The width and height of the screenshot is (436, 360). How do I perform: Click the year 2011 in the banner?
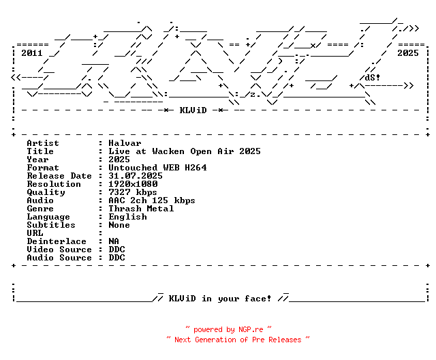click(x=31, y=52)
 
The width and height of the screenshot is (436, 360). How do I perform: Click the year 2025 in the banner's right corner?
click(x=408, y=52)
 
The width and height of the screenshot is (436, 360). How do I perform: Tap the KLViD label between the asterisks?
click(x=193, y=110)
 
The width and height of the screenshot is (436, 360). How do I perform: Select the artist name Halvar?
click(x=125, y=143)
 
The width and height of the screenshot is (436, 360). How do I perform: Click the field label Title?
click(x=40, y=151)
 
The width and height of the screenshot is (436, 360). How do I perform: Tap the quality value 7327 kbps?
click(x=133, y=192)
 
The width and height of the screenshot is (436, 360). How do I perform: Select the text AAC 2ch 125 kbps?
click(x=152, y=200)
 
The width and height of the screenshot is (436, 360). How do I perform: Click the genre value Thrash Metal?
click(x=141, y=209)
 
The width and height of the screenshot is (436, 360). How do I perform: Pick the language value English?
click(x=127, y=217)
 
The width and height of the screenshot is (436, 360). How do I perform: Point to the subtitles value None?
click(x=119, y=225)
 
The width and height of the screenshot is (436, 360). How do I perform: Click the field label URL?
click(x=35, y=233)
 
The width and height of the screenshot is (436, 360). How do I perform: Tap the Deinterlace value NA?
click(x=114, y=241)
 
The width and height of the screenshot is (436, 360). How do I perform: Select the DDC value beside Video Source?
click(x=116, y=250)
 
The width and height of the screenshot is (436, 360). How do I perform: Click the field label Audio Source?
click(x=59, y=258)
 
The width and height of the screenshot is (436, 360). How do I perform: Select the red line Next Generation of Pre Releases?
click(x=238, y=339)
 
